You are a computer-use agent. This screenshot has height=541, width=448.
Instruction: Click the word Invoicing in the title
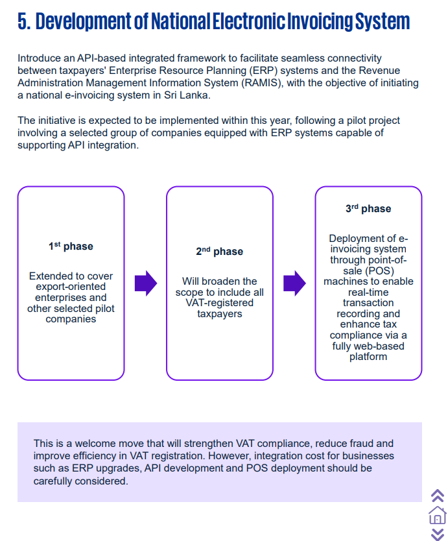click(x=320, y=21)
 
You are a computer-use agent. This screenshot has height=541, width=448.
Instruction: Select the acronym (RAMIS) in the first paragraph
click(x=262, y=83)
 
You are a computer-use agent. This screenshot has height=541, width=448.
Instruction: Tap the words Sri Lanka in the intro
click(x=187, y=95)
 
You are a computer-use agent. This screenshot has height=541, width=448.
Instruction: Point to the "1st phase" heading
click(x=71, y=246)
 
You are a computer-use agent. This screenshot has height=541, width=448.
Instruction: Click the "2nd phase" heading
click(x=219, y=251)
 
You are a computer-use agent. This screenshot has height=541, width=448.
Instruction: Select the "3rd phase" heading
click(x=368, y=208)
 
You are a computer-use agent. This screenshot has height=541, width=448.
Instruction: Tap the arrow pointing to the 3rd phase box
click(x=294, y=283)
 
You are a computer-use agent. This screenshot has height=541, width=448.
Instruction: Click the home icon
click(x=438, y=515)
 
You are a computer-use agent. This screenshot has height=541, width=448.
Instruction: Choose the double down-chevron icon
click(x=438, y=534)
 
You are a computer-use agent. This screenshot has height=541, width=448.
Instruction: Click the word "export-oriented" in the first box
click(x=71, y=286)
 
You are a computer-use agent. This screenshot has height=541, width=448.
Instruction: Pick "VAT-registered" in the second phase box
click(x=219, y=302)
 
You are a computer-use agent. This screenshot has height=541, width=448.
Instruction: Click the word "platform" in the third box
click(x=368, y=356)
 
